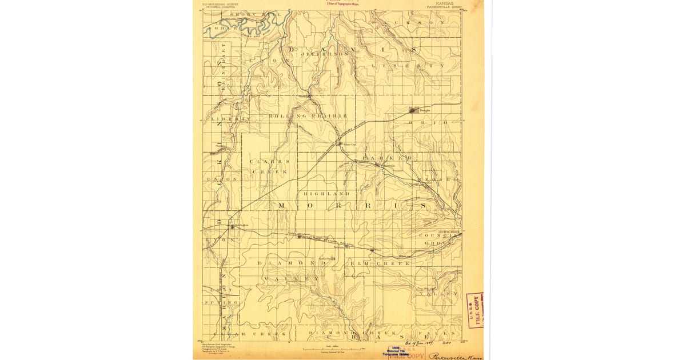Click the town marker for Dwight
pos(413,110)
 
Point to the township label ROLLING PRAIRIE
pos(308,116)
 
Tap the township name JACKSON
pos(421,22)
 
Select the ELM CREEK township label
pos(380,263)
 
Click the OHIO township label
pos(439,123)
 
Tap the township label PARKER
pos(386,157)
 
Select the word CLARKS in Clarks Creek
pos(270,161)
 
